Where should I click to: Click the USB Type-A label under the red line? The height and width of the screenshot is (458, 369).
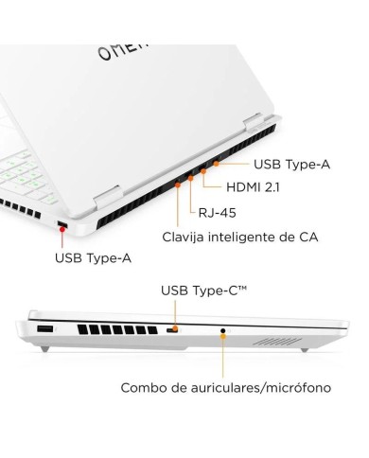tap(94, 256)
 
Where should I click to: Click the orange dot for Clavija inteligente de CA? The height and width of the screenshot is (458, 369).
tap(178, 185)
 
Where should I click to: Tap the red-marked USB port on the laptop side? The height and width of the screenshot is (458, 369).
tap(61, 225)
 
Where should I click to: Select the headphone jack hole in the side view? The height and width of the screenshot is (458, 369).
tap(223, 332)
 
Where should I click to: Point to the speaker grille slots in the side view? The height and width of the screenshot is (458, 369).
tap(283, 338)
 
